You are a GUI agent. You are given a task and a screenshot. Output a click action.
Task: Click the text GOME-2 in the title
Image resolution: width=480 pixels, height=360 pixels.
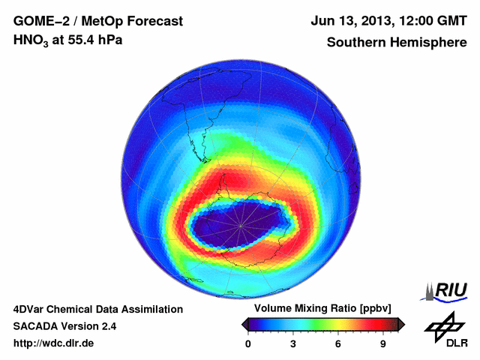click(38, 21)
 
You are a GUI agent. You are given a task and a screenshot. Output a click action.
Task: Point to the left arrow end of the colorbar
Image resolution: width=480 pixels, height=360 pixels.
click(244, 324)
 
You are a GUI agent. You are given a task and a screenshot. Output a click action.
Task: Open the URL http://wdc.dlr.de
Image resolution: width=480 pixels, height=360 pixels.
click(54, 343)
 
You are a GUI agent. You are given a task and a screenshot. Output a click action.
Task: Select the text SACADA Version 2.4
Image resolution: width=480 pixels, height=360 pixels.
click(64, 326)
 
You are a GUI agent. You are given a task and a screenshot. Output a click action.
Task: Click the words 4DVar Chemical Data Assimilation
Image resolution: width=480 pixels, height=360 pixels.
click(97, 309)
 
